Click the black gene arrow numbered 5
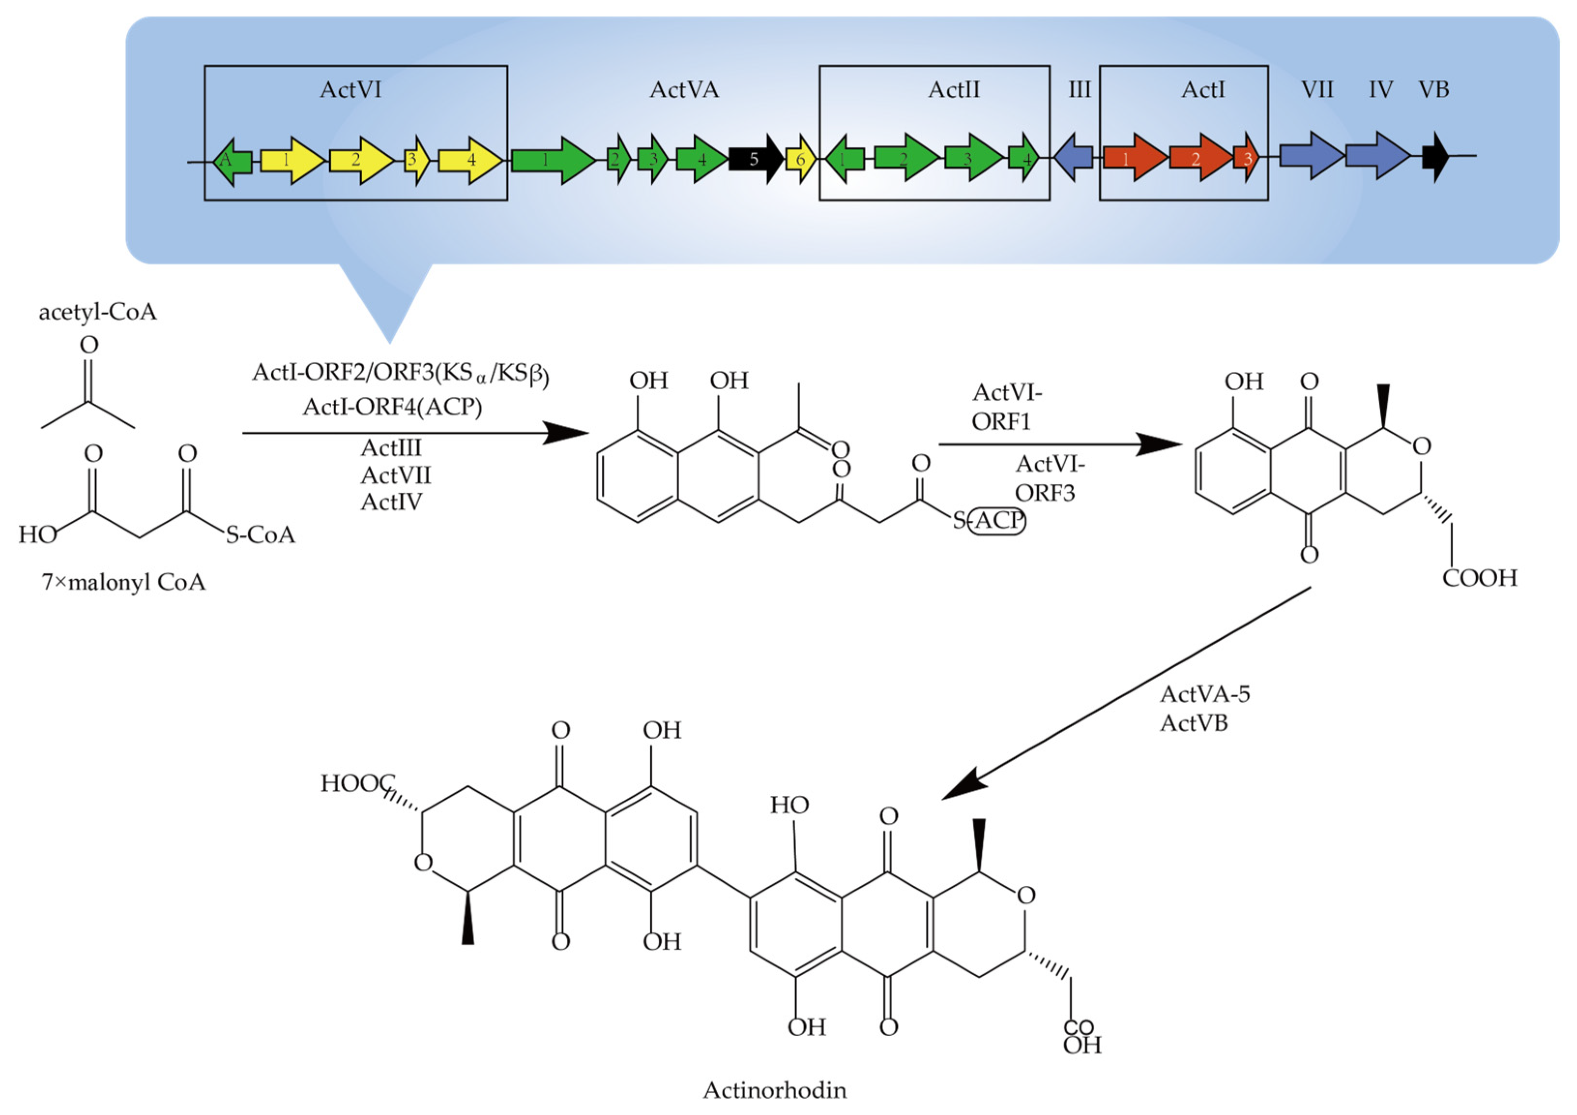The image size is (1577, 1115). click(x=754, y=160)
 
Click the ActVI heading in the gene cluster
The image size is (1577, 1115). click(x=350, y=90)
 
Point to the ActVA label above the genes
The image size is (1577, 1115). click(x=684, y=90)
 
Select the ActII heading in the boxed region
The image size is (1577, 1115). click(x=953, y=90)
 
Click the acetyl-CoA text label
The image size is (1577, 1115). click(x=98, y=312)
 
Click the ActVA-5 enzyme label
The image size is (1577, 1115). click(x=1205, y=694)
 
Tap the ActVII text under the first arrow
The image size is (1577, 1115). click(x=395, y=475)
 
